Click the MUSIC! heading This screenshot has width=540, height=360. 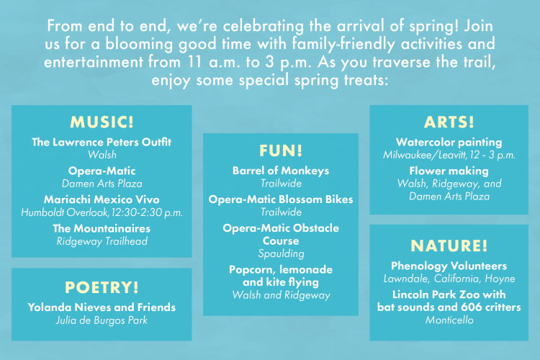pos(102,122)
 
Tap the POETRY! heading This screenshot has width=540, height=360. pos(102,287)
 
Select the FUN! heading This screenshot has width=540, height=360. pos(281,150)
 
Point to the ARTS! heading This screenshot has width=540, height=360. pos(449,122)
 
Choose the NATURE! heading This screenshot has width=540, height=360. pos(449,246)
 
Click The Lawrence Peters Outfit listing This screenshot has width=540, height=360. pos(102,142)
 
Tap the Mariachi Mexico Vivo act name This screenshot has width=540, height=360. pos(102,199)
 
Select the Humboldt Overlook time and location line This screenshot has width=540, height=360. pos(102,212)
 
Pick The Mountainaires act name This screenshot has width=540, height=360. pos(102,228)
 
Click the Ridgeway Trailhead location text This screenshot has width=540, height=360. pos(102,241)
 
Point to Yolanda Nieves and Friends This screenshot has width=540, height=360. pos(102,307)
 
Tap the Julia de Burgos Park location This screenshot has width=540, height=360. pos(102,320)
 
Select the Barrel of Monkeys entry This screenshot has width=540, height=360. pos(281,171)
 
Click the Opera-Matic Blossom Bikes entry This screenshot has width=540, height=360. pos(281,199)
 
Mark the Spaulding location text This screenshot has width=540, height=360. pos(281,253)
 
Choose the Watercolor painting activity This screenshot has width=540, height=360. pos(449,142)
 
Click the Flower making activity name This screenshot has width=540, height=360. pos(449,171)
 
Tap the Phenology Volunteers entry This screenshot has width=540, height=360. pos(449,266)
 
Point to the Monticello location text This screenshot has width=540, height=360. pos(449,320)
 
